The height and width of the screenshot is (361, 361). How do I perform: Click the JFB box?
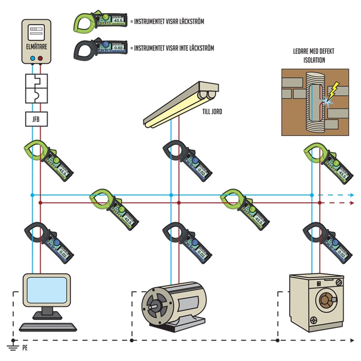coord(36,119)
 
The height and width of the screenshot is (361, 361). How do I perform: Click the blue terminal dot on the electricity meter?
coord(32,59)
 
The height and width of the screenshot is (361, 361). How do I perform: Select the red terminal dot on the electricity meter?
coord(41,59)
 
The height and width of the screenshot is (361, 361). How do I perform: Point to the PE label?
coord(25,348)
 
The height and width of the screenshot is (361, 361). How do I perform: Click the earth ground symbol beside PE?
coord(13,346)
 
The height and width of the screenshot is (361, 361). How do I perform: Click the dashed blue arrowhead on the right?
coord(352,195)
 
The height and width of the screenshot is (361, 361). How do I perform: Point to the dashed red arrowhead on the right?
coord(352,204)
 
